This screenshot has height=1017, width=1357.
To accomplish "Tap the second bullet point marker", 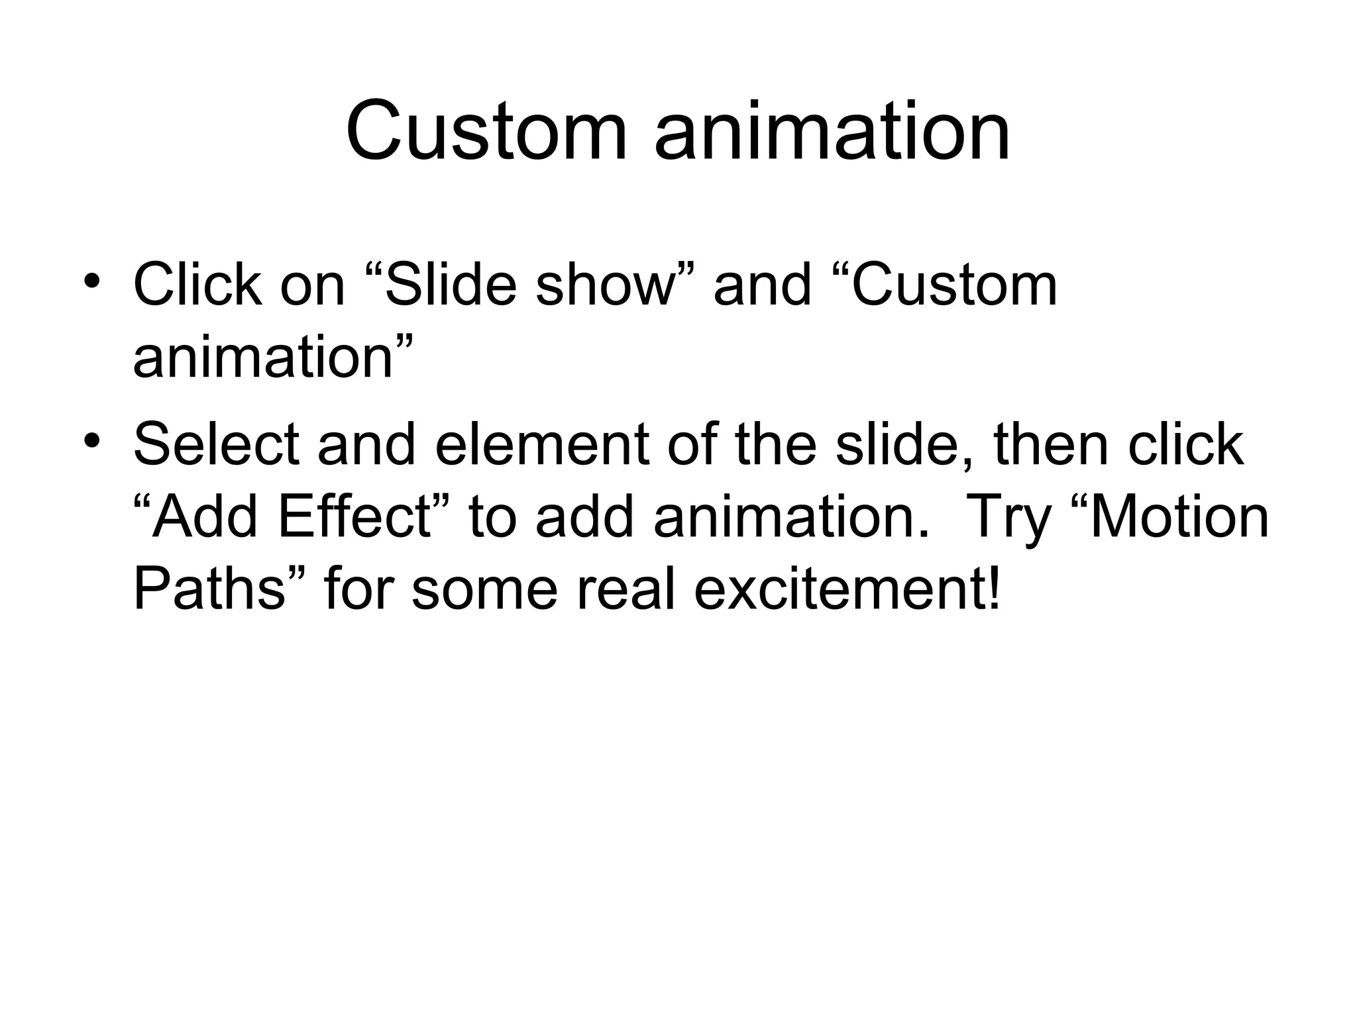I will tap(92, 440).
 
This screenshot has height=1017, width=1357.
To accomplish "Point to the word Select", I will tap(216, 445).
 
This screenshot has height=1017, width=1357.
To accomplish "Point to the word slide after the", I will tap(904, 445).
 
